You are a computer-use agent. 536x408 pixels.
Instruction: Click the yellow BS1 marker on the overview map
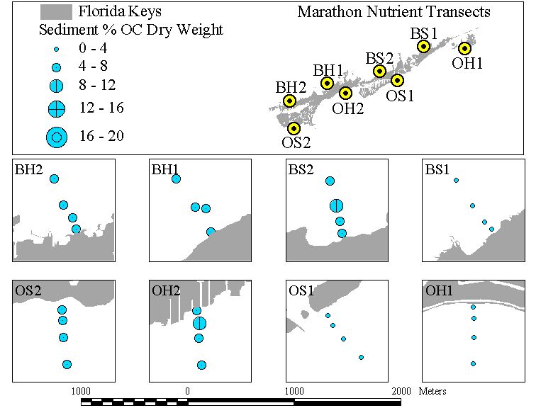coord(423,46)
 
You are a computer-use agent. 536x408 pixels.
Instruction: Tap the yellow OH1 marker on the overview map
coord(464,48)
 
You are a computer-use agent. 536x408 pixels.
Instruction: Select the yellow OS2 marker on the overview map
coord(294,128)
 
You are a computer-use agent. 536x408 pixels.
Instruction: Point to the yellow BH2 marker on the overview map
coord(289,101)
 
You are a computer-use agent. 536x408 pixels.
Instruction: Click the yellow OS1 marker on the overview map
coord(397,81)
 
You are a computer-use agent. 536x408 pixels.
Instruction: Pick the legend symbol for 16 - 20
coord(57,137)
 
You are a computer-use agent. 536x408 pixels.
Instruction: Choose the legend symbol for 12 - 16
coord(57,109)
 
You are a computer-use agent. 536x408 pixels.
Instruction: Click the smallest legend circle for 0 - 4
coord(57,49)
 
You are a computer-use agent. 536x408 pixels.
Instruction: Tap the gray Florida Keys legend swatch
coord(56,12)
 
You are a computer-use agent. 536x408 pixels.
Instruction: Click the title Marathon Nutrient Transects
coord(393,12)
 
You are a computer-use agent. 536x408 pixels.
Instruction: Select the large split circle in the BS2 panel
coord(336,206)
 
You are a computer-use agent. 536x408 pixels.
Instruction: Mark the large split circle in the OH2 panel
coord(200,323)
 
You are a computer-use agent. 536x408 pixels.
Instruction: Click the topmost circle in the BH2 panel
coord(54,178)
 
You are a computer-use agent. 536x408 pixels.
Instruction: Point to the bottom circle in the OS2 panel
coord(67,364)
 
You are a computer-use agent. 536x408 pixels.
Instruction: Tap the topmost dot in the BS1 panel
coord(456,181)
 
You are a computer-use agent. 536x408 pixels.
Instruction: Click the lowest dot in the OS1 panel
coord(362,358)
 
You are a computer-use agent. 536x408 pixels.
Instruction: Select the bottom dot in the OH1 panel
coord(473,363)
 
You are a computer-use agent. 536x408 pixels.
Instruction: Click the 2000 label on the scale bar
coord(401,391)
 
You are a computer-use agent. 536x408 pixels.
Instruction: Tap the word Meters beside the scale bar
coord(432,391)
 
